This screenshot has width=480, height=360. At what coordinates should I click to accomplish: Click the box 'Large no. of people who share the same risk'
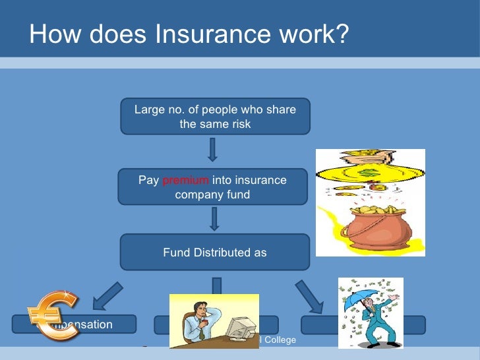(x=215, y=116)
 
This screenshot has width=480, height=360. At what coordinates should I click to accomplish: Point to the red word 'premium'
(x=186, y=181)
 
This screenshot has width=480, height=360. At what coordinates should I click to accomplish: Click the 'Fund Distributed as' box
(x=215, y=252)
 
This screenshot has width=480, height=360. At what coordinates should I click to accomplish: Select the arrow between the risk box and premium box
(x=212, y=150)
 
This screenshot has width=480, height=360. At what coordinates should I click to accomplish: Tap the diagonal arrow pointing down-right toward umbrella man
(x=309, y=296)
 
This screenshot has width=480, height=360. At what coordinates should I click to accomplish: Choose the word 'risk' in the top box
(x=239, y=124)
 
